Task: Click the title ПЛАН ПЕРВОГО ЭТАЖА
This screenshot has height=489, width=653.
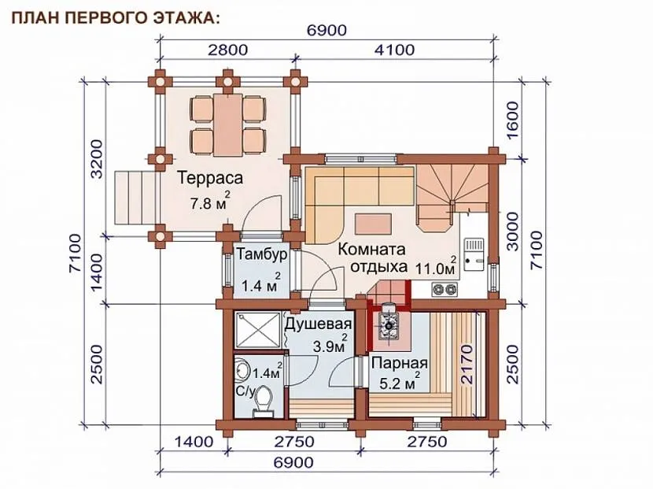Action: pyautogui.click(x=115, y=18)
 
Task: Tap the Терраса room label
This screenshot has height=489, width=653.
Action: pyautogui.click(x=210, y=178)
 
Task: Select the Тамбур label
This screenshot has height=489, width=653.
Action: pyautogui.click(x=262, y=254)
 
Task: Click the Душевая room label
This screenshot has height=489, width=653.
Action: pyautogui.click(x=319, y=324)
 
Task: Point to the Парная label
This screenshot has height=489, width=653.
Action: pyautogui.click(x=400, y=363)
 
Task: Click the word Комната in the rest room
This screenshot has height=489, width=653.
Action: pyautogui.click(x=371, y=250)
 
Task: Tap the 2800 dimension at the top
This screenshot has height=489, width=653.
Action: pyautogui.click(x=228, y=50)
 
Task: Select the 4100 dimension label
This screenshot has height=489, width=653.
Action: pyautogui.click(x=395, y=50)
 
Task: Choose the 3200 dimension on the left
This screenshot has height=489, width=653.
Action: pyautogui.click(x=96, y=159)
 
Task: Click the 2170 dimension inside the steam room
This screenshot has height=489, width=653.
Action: pyautogui.click(x=467, y=365)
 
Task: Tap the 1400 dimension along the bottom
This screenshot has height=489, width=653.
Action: pyautogui.click(x=194, y=442)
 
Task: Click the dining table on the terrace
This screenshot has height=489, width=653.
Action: pyautogui.click(x=228, y=124)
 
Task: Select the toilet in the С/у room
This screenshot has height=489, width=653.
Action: pyautogui.click(x=262, y=401)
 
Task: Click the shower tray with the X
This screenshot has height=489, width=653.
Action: pyautogui.click(x=257, y=330)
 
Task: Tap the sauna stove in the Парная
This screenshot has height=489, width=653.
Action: pyautogui.click(x=388, y=325)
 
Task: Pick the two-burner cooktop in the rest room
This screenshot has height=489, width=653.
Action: pyautogui.click(x=445, y=288)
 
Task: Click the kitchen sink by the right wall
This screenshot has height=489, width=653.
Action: pyautogui.click(x=474, y=254)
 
